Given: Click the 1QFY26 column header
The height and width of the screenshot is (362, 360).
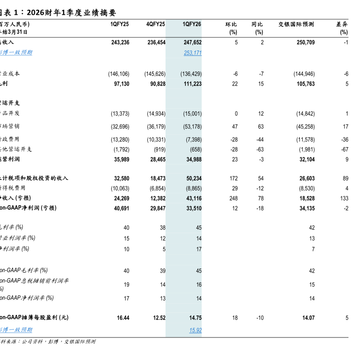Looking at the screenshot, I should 192,24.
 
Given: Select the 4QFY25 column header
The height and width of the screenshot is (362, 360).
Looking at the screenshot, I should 155,24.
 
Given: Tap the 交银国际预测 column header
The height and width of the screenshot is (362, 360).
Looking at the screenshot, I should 296,24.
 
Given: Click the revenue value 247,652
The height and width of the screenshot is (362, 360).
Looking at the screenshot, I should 192,42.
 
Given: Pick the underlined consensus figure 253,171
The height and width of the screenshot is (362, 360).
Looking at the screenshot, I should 192,52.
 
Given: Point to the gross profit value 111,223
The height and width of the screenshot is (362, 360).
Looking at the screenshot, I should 192,84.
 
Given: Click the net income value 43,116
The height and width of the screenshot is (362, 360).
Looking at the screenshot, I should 192,198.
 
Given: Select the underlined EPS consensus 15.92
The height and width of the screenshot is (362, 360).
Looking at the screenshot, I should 195,330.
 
